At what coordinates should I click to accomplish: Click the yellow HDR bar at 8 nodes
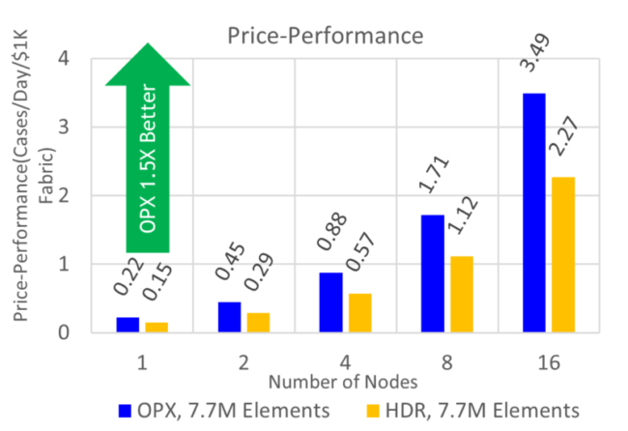click(x=462, y=294)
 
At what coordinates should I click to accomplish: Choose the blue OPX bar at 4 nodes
click(x=330, y=302)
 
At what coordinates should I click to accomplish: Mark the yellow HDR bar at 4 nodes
click(x=359, y=313)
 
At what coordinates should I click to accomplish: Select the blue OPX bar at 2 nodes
click(x=229, y=317)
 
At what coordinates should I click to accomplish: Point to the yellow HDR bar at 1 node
click(x=157, y=328)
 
